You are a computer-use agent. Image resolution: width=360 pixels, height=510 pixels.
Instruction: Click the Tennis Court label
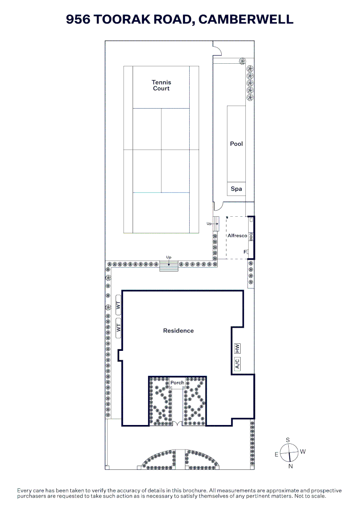[161, 85]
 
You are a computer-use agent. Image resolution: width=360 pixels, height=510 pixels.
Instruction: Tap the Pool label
[236, 144]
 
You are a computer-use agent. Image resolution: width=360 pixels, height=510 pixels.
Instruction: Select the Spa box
[236, 189]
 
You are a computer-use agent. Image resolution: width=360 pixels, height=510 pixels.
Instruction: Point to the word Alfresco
[237, 236]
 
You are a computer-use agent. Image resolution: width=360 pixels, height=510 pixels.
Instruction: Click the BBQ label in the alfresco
[251, 237]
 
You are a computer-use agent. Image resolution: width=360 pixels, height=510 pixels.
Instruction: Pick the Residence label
[178, 331]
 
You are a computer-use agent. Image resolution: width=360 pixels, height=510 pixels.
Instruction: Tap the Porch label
[177, 382]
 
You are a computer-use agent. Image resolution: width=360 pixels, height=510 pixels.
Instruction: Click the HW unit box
[237, 348]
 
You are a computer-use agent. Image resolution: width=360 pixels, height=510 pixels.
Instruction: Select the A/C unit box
[237, 363]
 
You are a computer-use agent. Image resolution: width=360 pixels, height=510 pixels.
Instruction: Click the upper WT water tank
[118, 305]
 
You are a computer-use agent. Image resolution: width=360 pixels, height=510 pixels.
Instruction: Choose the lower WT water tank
[118, 328]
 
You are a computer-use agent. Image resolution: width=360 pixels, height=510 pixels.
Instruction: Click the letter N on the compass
[291, 466]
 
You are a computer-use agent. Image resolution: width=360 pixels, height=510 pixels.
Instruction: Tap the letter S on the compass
[287, 440]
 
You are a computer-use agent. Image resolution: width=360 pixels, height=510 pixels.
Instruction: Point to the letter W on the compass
[303, 451]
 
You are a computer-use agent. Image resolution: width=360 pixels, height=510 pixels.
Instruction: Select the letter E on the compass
[276, 454]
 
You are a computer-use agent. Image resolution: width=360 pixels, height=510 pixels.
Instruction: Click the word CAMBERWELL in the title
[246, 19]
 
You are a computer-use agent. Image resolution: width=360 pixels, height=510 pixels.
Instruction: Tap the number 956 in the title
[78, 19]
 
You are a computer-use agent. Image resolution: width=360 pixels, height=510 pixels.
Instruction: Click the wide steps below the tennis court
[168, 266]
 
